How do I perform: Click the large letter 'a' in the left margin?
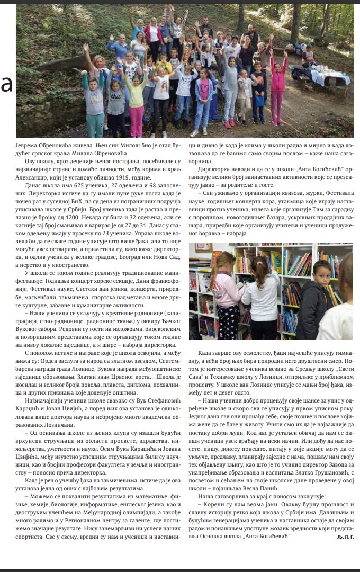coord(6,84)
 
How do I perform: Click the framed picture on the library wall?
coord(203,247)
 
